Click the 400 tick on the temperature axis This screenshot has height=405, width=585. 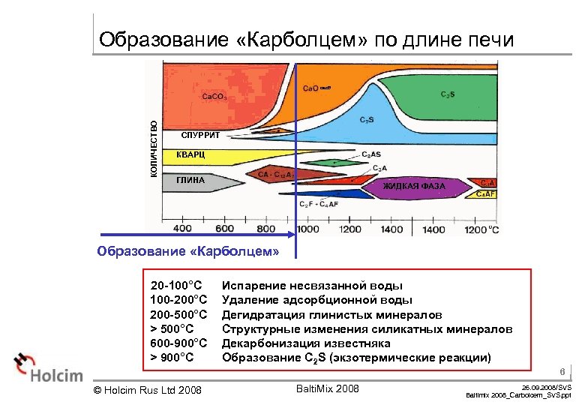[183, 229]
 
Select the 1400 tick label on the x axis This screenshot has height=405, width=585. [433, 229]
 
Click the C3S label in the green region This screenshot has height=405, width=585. [447, 94]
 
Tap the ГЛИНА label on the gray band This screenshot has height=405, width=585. [190, 181]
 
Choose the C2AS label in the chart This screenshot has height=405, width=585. [371, 154]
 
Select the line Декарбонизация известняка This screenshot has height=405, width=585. [306, 343]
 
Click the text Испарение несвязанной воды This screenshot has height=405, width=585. [312, 286]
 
